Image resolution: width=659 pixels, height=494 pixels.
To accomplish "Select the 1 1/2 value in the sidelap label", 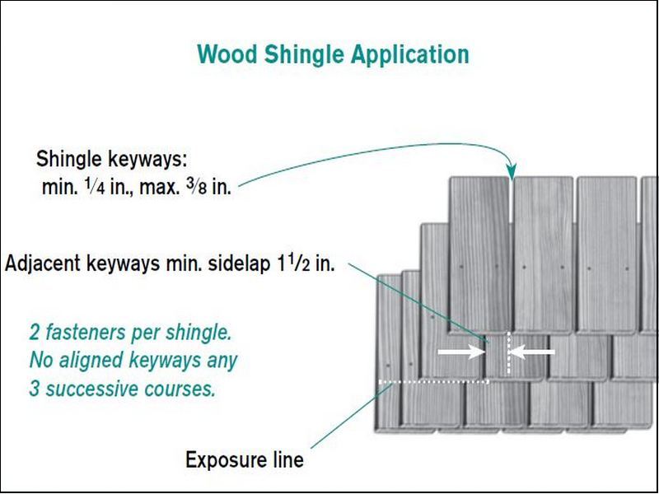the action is coord(292,266).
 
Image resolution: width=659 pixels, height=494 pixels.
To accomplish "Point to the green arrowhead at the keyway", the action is coord(512,172).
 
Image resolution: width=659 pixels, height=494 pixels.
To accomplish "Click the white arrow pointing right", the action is coord(461,352).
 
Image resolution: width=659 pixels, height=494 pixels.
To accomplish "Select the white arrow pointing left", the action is coord(532,352).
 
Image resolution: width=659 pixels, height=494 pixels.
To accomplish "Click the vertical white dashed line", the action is coord(509,353).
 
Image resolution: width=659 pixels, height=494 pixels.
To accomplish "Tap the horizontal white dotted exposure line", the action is coord(434,382).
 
